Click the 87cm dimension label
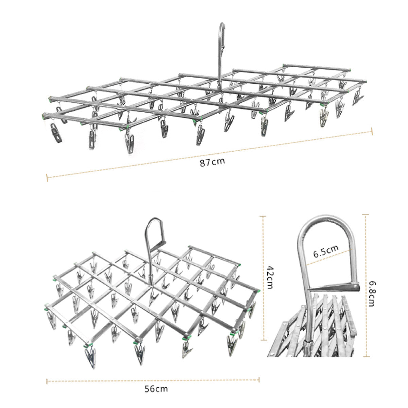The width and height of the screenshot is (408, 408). coord(212,163)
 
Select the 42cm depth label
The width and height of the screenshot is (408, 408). coord(270,277)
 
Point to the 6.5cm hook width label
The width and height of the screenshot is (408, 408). coord(326,251)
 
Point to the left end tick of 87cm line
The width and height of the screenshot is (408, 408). coord(47,177)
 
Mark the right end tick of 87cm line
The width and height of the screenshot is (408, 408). coord(372,131)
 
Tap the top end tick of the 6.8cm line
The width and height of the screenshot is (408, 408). coord(365,215)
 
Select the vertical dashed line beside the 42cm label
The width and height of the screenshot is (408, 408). coord(263,278)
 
